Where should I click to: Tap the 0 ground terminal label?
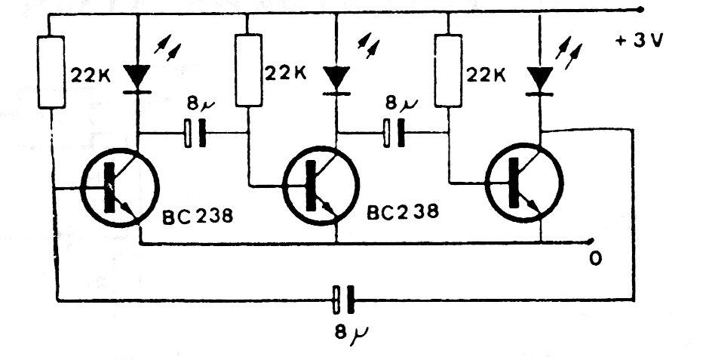(x=596, y=259)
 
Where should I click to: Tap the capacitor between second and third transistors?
(x=393, y=134)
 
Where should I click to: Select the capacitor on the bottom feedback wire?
(x=343, y=300)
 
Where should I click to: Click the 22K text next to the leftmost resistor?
(x=88, y=75)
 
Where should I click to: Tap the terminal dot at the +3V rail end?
(x=640, y=10)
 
